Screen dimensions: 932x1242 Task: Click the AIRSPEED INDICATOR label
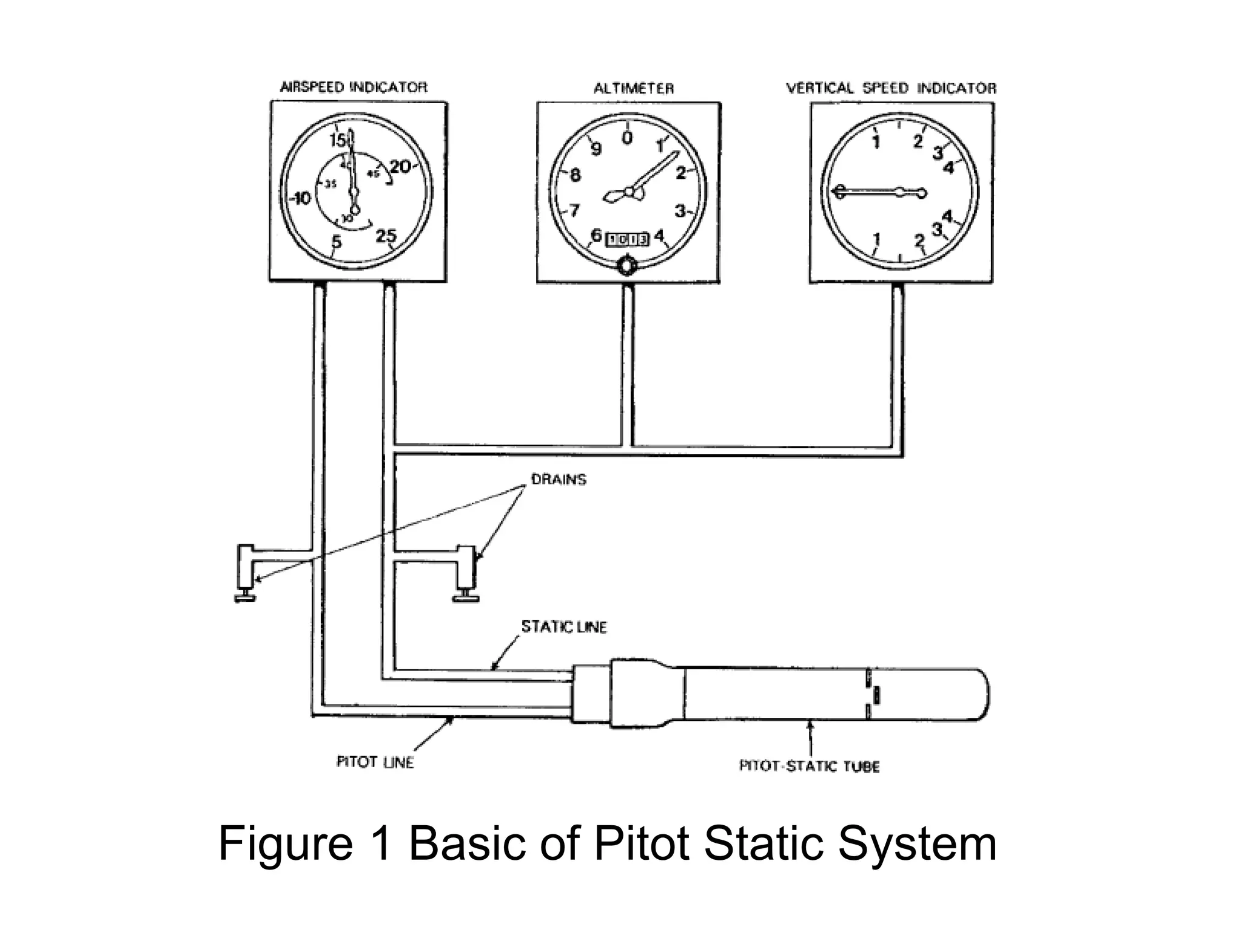tap(354, 87)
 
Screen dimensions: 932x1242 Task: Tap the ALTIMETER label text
tap(633, 89)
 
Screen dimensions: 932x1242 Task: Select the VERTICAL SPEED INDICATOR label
tap(891, 89)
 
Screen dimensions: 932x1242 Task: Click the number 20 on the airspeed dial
tap(400, 166)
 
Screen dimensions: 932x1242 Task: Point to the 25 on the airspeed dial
tap(386, 235)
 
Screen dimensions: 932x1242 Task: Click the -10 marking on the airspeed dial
tap(300, 198)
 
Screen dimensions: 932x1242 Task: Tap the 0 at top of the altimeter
tap(627, 138)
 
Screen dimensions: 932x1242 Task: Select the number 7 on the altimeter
tap(574, 211)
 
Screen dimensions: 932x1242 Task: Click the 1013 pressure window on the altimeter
tap(628, 239)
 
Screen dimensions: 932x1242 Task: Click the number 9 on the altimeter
tap(596, 149)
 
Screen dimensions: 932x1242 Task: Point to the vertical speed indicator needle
tap(873, 192)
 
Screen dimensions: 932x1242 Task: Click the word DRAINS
tap(559, 479)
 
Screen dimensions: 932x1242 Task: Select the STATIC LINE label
tap(564, 627)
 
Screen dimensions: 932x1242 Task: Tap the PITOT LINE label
tap(375, 762)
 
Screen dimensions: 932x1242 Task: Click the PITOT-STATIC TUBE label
tap(809, 766)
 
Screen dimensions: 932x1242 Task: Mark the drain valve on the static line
tap(466, 573)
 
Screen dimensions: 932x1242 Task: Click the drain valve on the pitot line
tap(246, 573)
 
